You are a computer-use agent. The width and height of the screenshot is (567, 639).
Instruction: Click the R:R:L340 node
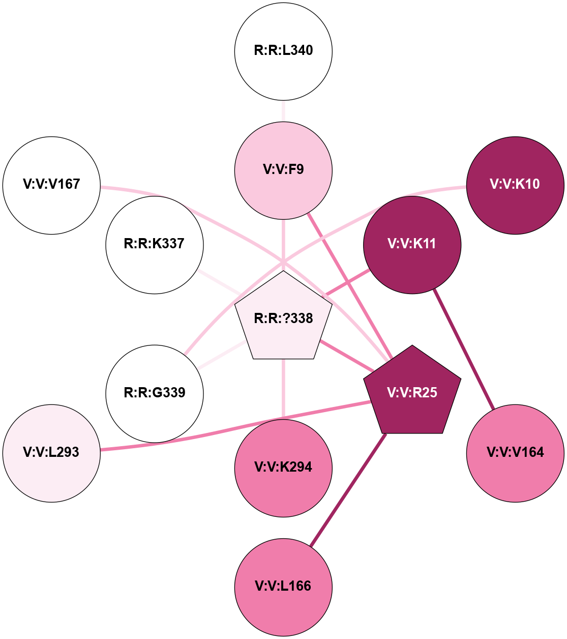283,51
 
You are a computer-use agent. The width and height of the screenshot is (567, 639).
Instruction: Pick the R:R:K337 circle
155,245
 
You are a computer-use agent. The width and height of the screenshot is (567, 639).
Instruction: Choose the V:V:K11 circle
412,245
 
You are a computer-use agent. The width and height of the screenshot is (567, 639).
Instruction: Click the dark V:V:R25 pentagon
412,392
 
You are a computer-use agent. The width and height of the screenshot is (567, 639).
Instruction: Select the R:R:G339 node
155,393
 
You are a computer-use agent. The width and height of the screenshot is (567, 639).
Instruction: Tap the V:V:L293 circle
51,453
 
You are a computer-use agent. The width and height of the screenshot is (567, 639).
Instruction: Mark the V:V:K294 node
283,468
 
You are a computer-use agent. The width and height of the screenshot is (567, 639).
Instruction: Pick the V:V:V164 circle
515,453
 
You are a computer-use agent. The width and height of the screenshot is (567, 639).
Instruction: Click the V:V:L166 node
283,587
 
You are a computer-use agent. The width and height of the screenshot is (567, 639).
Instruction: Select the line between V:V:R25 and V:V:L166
348,489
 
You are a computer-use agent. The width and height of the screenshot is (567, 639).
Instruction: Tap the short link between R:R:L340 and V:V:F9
283,111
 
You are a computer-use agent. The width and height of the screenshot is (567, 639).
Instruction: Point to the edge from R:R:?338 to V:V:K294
283,389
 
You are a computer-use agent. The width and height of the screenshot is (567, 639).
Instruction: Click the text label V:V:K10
515,184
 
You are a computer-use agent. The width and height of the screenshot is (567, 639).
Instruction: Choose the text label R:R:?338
283,318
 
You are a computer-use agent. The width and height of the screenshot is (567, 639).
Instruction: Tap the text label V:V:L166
283,586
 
